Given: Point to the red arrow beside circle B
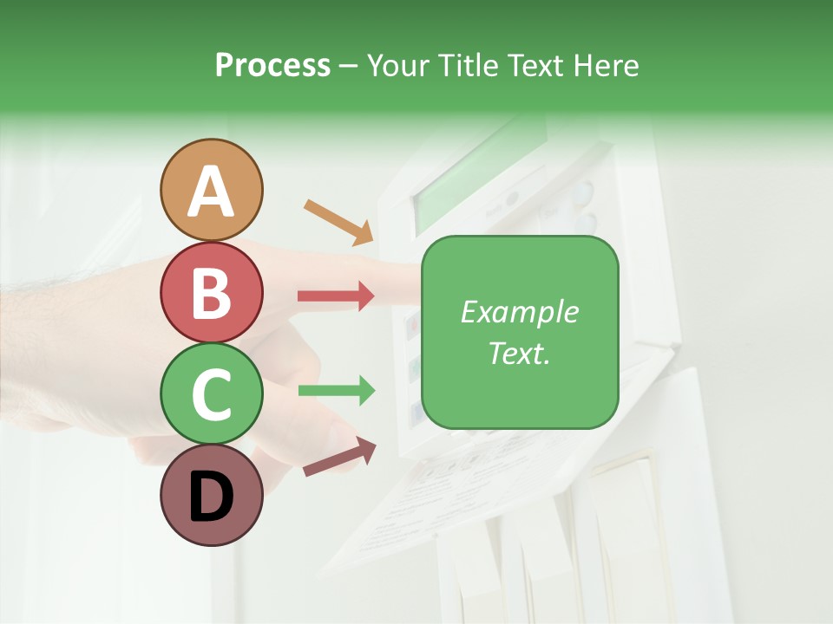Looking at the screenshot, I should (336, 296).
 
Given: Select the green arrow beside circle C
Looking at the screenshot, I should (336, 390).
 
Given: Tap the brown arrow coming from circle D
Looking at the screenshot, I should (339, 458).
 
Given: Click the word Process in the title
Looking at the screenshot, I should (272, 65).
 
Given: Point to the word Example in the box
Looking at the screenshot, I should (520, 312).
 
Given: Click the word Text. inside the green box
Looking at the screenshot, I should (520, 353).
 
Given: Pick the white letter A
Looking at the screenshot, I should (212, 192).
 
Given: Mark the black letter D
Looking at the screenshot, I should (212, 497).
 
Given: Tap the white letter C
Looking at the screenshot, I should (212, 395).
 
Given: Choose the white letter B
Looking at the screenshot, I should (212, 293).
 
